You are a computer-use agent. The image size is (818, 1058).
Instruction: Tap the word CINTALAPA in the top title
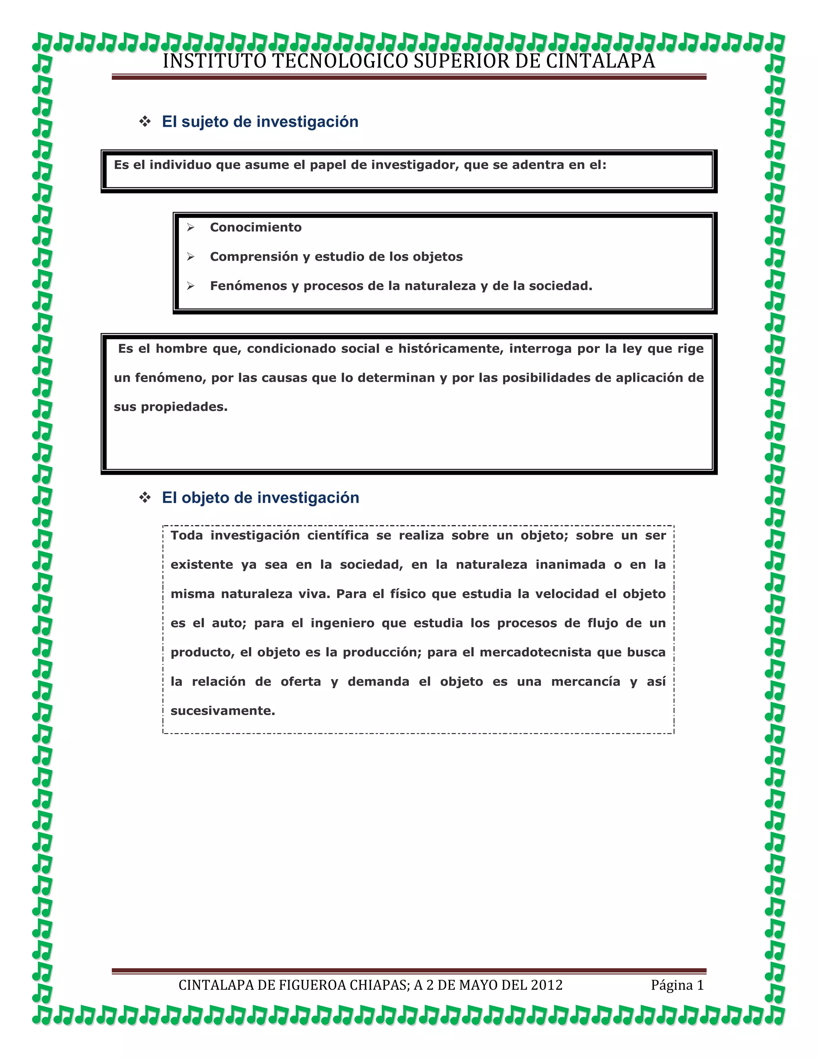click(x=600, y=61)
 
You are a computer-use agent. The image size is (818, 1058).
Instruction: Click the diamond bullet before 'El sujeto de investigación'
click(x=145, y=122)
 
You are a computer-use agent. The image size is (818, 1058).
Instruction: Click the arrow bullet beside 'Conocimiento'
click(x=191, y=227)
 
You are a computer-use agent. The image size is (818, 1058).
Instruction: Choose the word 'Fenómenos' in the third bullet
click(x=248, y=286)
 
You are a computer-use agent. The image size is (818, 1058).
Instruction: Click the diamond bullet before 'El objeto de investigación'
click(x=145, y=497)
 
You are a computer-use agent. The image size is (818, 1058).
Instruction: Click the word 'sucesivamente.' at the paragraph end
click(x=222, y=711)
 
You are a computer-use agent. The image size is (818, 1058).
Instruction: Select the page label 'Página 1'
click(x=677, y=985)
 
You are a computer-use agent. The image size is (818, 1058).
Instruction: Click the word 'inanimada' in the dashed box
click(x=570, y=565)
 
